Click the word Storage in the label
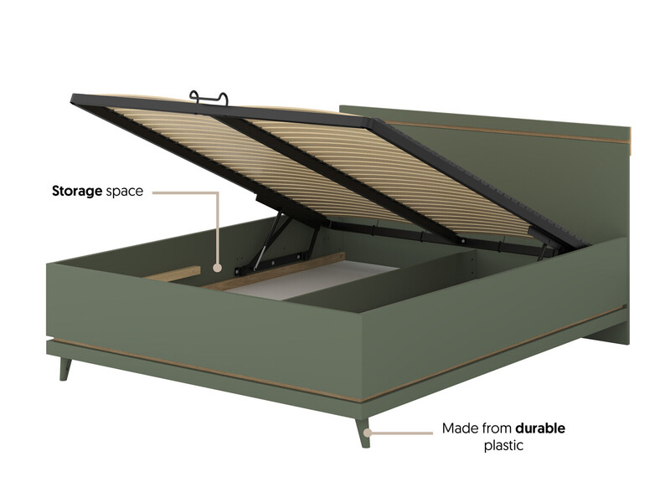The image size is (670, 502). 77,192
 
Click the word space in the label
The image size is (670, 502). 124,192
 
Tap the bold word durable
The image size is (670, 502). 540,428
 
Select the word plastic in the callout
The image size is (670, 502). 503,446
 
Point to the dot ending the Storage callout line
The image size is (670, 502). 218,268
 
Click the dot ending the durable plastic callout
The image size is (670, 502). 367,433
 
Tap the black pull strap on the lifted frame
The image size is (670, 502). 209,98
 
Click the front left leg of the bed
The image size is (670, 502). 64,369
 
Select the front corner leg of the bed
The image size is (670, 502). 363,432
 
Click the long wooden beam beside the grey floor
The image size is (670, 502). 274,271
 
